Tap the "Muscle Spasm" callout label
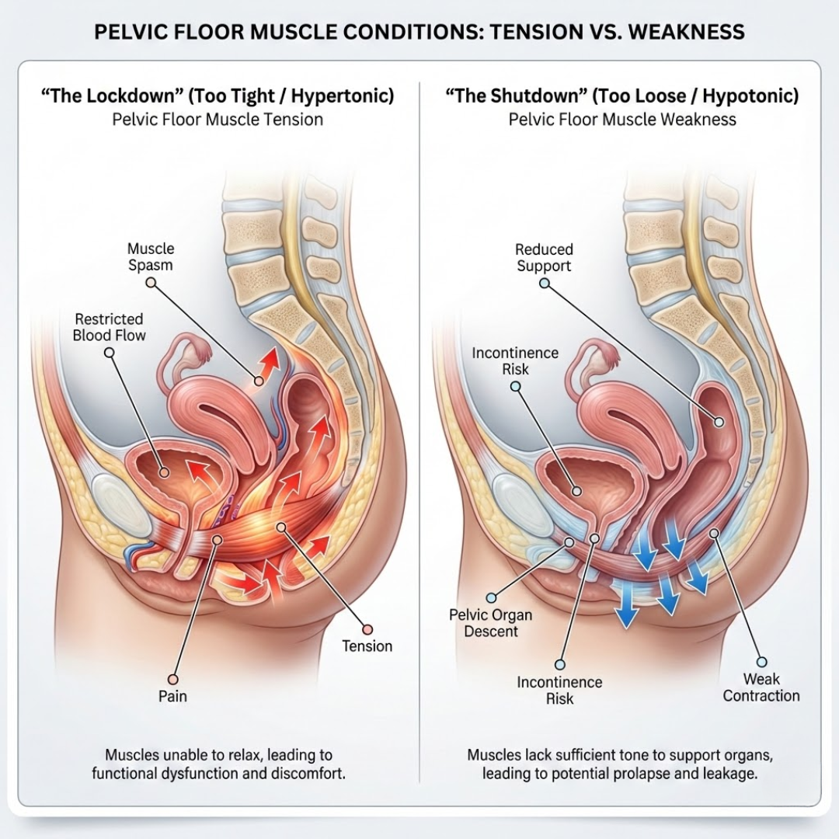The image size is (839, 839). (151, 257)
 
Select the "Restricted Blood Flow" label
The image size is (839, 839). (109, 327)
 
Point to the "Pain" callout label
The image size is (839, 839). (172, 696)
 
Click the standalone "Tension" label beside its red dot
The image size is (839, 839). (367, 646)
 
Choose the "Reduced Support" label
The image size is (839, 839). (544, 258)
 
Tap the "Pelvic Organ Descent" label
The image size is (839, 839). (491, 623)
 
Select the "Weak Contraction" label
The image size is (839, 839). (761, 688)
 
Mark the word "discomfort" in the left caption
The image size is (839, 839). (306, 774)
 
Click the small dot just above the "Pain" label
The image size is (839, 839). (173, 677)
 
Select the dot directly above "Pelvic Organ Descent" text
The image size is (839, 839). (491, 597)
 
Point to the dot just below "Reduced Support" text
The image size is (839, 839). (544, 284)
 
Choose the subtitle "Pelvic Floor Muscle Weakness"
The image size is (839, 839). (622, 120)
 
